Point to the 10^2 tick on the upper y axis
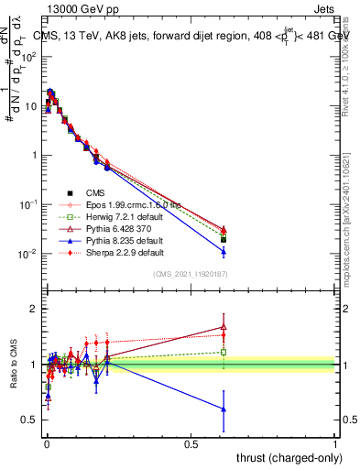[x=28, y=57]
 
